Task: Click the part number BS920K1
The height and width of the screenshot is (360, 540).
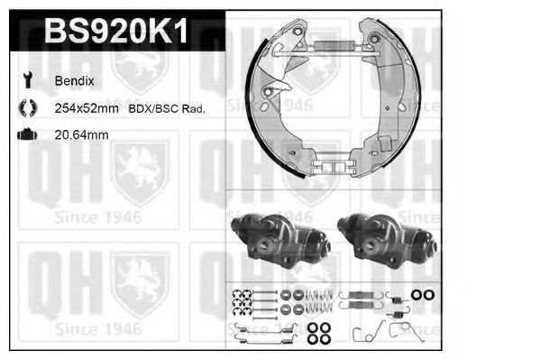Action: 116,32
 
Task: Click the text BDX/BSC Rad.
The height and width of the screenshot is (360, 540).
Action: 171,108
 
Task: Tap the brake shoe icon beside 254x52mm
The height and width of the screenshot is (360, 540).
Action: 25,108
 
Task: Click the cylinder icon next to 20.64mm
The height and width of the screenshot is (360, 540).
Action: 25,134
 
